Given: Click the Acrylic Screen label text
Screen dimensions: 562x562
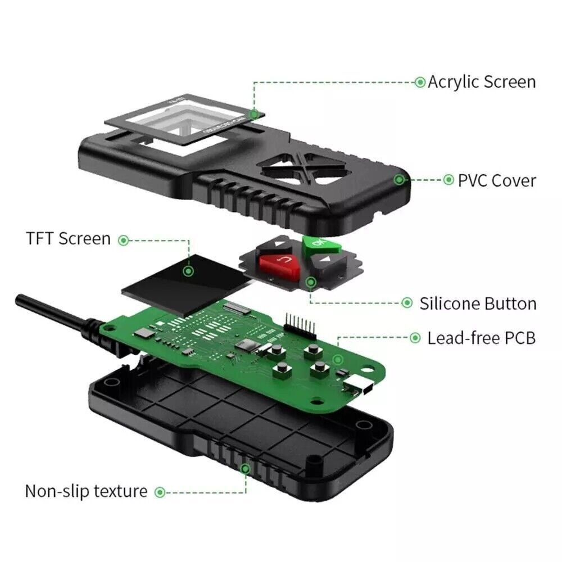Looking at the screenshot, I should pyautogui.click(x=482, y=82).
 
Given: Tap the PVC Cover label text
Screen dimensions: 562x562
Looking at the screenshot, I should pyautogui.click(x=497, y=180).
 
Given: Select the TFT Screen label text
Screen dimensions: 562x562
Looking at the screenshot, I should pyautogui.click(x=68, y=238).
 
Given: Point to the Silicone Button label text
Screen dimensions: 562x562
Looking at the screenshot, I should pyautogui.click(x=478, y=304).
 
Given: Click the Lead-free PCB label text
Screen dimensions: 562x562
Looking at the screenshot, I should pyautogui.click(x=481, y=338).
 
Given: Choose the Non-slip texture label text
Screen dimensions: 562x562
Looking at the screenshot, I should pyautogui.click(x=86, y=491).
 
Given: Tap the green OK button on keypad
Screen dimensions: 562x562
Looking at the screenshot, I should pyautogui.click(x=316, y=244).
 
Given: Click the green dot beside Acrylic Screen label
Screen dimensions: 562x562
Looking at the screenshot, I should pyautogui.click(x=420, y=82).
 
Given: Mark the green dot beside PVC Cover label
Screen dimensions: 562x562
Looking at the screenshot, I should pyautogui.click(x=448, y=180).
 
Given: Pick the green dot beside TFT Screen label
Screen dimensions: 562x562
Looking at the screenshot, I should pyautogui.click(x=124, y=239).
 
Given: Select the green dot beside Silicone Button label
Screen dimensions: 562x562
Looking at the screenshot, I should pyautogui.click(x=407, y=303).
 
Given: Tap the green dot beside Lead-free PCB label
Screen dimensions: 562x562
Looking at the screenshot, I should pyautogui.click(x=415, y=338).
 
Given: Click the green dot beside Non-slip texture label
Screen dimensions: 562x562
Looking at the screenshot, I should pyautogui.click(x=160, y=492).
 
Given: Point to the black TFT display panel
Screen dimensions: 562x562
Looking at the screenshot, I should pyautogui.click(x=180, y=279).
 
